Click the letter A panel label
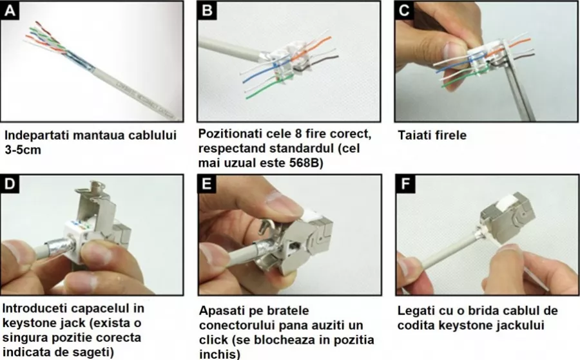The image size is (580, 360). pos(10,10)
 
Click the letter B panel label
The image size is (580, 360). pos(207,10)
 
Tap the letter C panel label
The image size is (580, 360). pos(404,10)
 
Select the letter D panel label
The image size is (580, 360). pos(10,184)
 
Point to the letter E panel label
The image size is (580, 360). pos(207,184)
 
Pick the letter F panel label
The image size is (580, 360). pos(405,184)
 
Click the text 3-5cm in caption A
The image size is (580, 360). pos(23,150)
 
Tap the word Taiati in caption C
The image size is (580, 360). pos(414,135)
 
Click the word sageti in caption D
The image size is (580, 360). pos(93,352)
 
